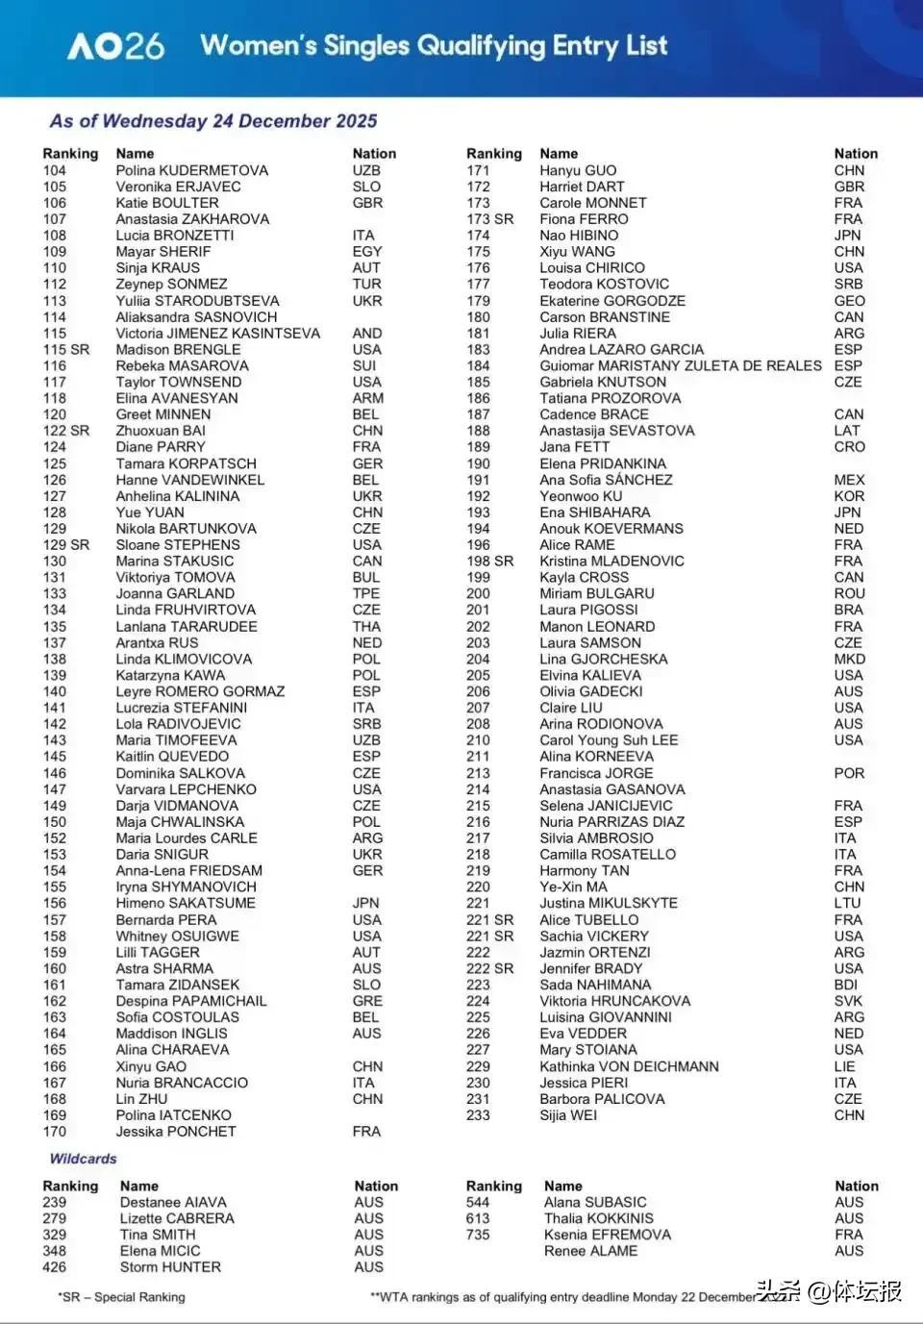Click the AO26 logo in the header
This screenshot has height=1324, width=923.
click(x=115, y=45)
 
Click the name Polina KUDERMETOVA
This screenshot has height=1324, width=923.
click(x=192, y=170)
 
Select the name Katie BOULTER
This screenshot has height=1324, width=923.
click(x=167, y=203)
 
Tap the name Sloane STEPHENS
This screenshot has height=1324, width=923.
click(x=178, y=544)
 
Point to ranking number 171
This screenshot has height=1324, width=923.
click(x=478, y=170)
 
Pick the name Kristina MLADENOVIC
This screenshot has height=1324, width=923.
click(x=611, y=561)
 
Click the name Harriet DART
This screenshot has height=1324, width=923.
click(x=582, y=187)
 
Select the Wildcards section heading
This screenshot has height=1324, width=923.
click(x=83, y=1159)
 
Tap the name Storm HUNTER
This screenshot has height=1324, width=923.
click(x=170, y=1267)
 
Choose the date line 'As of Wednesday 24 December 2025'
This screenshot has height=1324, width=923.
click(x=213, y=121)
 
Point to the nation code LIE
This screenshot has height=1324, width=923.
click(x=844, y=1066)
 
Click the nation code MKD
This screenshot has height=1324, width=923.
click(x=850, y=659)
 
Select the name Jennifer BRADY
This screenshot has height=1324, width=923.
click(x=590, y=968)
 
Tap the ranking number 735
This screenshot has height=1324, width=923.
click(x=478, y=1235)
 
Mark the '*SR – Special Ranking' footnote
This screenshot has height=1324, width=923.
click(x=121, y=1297)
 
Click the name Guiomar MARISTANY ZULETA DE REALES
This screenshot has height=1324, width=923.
click(x=681, y=365)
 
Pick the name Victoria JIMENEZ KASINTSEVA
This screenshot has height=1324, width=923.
click(x=218, y=333)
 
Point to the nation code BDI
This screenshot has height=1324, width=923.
click(x=846, y=985)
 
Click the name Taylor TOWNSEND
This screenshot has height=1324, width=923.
click(x=179, y=382)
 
